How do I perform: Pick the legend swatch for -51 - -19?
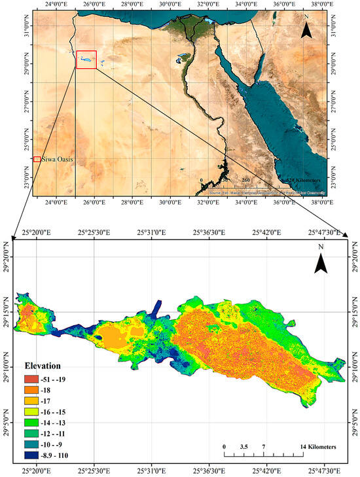[31, 378]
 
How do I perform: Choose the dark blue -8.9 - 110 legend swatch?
[31, 455]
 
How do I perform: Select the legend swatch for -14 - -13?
[31, 423]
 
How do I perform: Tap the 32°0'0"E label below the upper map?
[209, 203]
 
